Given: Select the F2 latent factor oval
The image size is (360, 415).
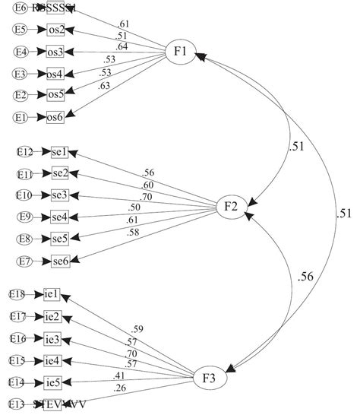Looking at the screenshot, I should [232, 206].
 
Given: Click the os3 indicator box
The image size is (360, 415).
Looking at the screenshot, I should [56, 52].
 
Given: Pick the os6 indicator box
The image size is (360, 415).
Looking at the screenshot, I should [56, 116].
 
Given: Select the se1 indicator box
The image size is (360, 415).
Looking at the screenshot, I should [61, 152].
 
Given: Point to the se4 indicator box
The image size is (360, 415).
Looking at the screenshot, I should [61, 218].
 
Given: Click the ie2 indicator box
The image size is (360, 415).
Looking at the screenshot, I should [53, 315].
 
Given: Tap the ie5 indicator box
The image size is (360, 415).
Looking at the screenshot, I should [53, 382].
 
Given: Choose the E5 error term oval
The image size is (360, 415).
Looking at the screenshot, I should [21, 30].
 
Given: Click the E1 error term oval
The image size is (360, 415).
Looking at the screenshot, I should [21, 116].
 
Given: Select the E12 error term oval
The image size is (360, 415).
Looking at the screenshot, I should [24, 152].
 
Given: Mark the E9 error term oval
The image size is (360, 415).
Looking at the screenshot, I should [24, 218].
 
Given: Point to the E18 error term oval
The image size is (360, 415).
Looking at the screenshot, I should [17, 293].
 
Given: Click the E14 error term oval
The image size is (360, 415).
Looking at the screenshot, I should [17, 382].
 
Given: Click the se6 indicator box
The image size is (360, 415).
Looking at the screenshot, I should [61, 262].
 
